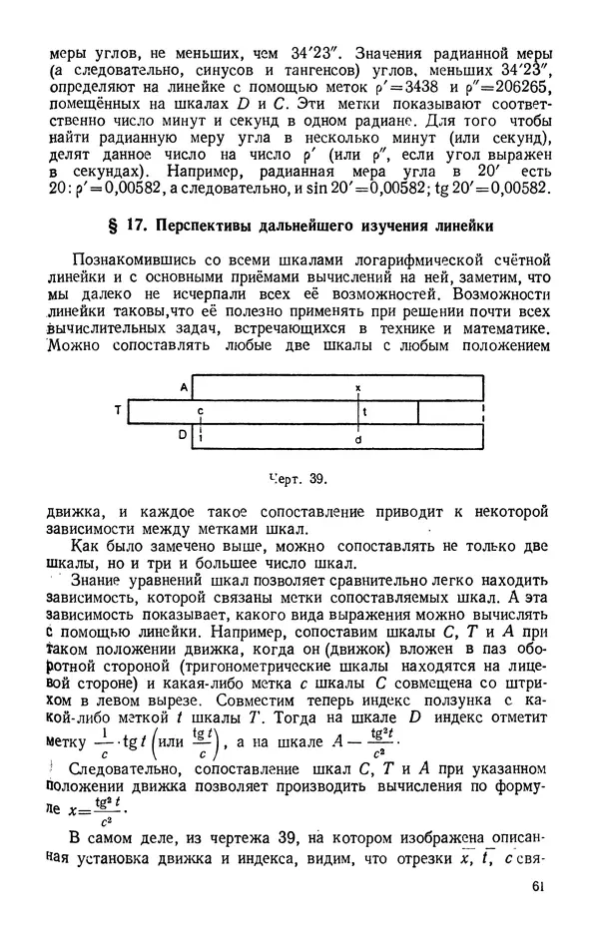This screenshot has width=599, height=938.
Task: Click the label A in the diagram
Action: coord(184,385)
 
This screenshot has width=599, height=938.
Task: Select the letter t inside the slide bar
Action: coord(365,410)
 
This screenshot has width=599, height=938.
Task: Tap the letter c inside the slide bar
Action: coord(200,410)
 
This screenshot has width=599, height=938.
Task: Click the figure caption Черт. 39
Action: coord(299,478)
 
